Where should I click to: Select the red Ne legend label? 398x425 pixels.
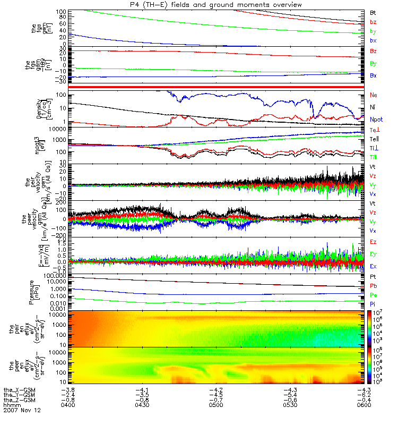(373, 95)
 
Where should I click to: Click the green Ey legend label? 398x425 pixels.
(373, 254)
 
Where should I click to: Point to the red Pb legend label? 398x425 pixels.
(373, 286)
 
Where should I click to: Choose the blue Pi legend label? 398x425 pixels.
(373, 303)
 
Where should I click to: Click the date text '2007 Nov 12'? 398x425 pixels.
(22, 411)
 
